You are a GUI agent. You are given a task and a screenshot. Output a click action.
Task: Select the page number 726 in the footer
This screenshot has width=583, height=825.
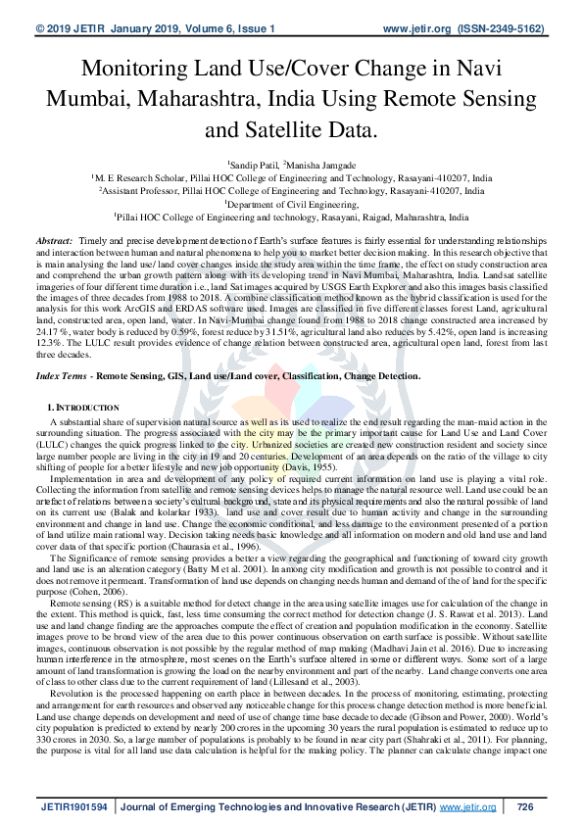524,806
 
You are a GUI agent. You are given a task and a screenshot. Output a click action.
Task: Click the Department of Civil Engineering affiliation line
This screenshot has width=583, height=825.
291,204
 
